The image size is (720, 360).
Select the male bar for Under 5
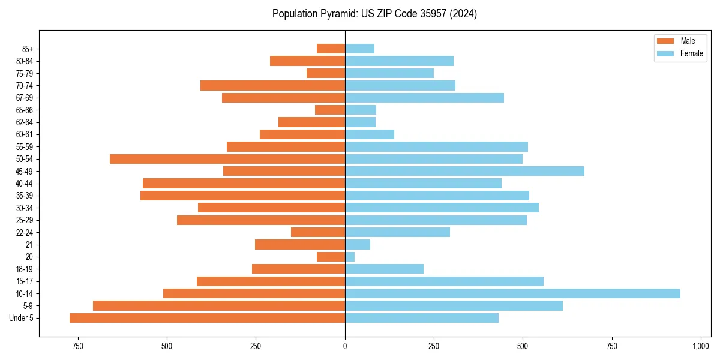tap(207, 318)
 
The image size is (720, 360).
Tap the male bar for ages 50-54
tap(227, 159)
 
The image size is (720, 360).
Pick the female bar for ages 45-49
tap(464, 171)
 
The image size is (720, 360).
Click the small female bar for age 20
tap(350, 257)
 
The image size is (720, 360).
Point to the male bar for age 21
tap(300, 245)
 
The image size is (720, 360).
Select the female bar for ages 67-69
tap(424, 98)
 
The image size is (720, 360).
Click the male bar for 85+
tap(331, 49)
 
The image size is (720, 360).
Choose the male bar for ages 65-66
tap(330, 110)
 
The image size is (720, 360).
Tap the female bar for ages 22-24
tap(397, 232)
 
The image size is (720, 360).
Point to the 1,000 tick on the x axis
tap(701, 347)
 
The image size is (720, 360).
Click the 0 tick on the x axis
tap(345, 347)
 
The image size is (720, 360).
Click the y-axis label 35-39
tap(25, 196)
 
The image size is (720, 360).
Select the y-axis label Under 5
tap(22, 318)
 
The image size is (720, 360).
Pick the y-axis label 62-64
tap(25, 122)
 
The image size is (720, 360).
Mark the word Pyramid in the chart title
tap(336, 14)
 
